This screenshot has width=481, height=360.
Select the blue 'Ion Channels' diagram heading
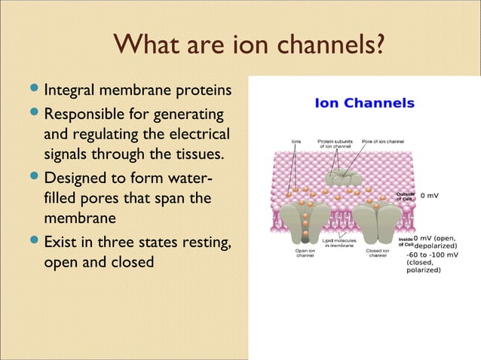pos(364,103)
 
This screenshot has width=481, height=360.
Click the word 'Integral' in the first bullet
pos(71,91)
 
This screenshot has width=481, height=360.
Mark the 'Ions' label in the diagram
pos(296,141)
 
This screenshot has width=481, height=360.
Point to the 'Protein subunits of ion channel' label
pos(335,143)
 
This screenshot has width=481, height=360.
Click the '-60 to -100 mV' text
pos(433,254)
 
